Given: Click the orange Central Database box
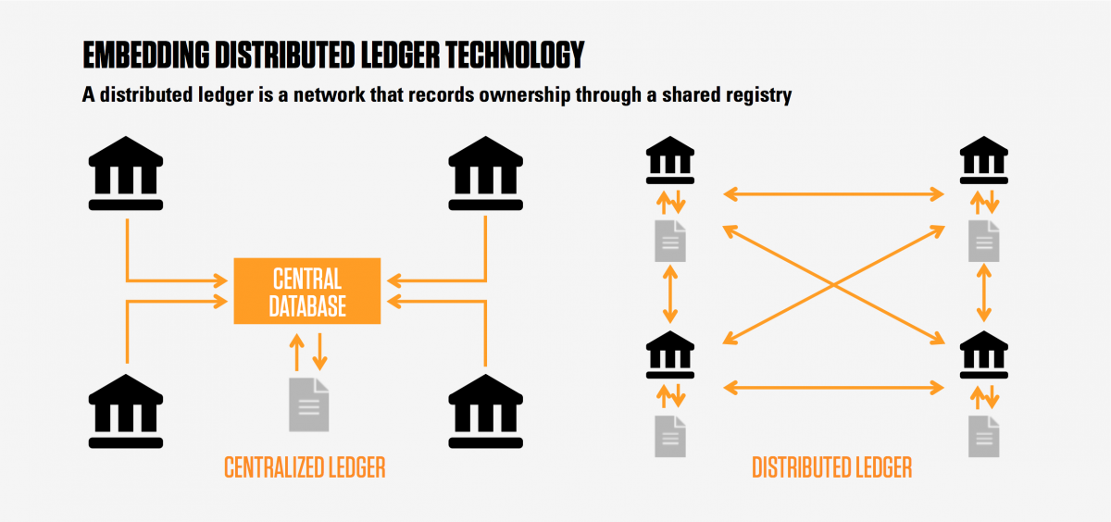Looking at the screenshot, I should (x=306, y=291).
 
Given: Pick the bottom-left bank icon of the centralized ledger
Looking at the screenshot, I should (x=126, y=412).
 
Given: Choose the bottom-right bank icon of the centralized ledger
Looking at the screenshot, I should (x=485, y=412).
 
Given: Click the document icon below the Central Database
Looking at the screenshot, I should (x=308, y=404).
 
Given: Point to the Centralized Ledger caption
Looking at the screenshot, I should (x=305, y=468).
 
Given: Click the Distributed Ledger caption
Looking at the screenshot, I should (x=831, y=468).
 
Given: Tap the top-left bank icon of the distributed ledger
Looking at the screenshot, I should (x=671, y=161).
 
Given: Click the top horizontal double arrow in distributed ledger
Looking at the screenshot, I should (x=832, y=194).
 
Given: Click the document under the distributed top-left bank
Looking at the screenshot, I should (x=671, y=241).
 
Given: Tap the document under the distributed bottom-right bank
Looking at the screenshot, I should (x=984, y=435).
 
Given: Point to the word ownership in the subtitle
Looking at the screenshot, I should (x=494, y=95).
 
